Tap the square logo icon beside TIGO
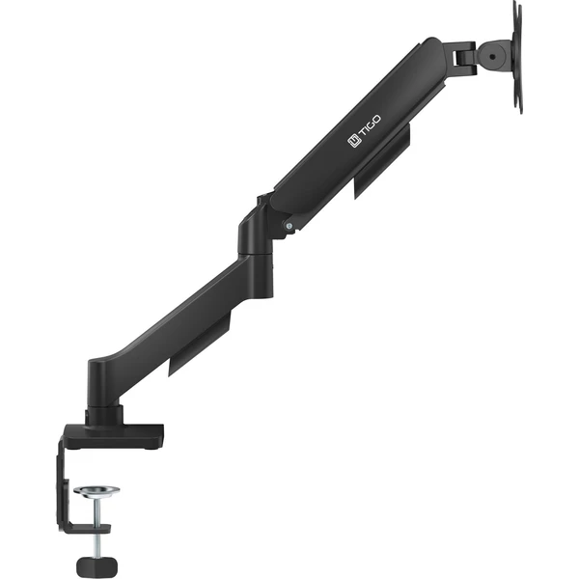(x=354, y=141)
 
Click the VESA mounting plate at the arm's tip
(x=517, y=57)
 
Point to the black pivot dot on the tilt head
(x=493, y=57)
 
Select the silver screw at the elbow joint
(x=289, y=225)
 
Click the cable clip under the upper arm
(x=382, y=160)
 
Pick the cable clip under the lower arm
(x=200, y=344)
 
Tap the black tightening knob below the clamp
(x=96, y=566)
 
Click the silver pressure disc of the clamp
(x=96, y=492)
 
